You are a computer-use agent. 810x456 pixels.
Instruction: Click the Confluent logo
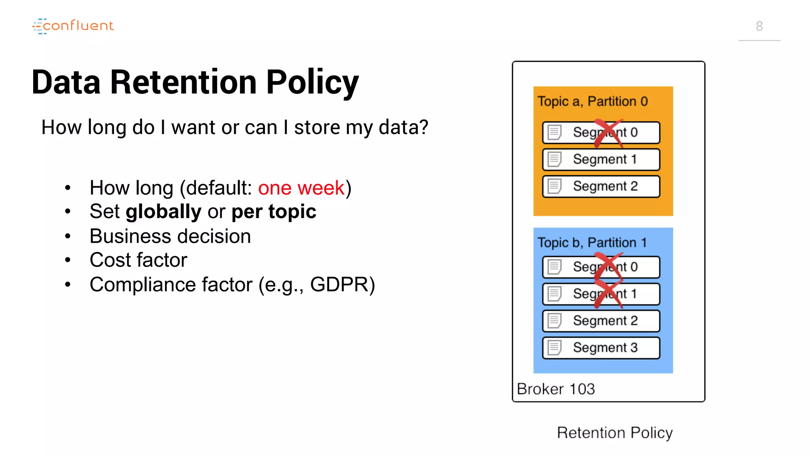(x=73, y=26)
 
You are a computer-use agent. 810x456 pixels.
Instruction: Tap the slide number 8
(x=759, y=26)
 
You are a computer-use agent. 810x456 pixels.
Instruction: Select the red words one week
(x=301, y=188)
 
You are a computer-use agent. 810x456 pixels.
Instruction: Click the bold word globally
(x=163, y=211)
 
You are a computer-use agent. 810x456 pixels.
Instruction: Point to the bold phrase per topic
(x=274, y=211)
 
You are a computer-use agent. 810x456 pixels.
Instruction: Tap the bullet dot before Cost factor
(x=68, y=260)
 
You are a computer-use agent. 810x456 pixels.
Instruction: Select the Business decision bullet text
(x=170, y=236)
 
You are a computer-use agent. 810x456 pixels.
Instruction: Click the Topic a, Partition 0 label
(x=592, y=101)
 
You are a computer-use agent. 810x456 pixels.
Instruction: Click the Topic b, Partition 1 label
(x=592, y=242)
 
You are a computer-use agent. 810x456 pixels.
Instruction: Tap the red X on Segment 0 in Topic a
(x=609, y=133)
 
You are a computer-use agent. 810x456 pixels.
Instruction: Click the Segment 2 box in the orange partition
(x=601, y=186)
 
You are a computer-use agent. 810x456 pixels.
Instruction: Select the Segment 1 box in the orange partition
(x=601, y=159)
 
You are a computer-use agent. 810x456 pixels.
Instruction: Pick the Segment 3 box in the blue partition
(x=601, y=348)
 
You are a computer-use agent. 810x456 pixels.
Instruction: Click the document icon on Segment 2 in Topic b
(x=555, y=321)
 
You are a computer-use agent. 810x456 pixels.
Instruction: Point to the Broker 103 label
(x=556, y=389)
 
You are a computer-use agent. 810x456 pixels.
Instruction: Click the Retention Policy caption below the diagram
(x=615, y=433)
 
